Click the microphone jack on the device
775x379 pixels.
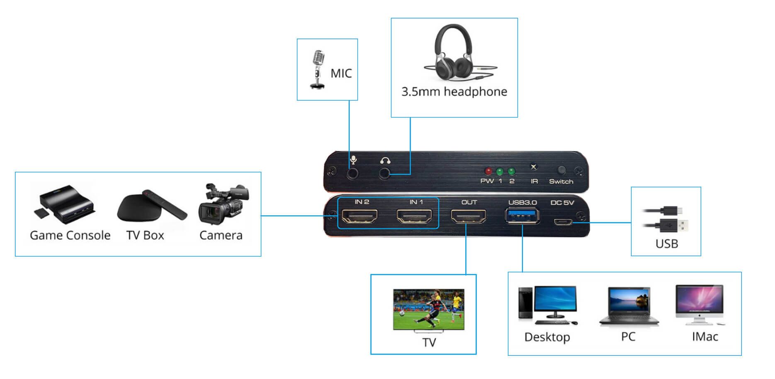click(x=352, y=173)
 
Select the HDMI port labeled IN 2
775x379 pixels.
click(x=360, y=216)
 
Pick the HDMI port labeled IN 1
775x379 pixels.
click(x=414, y=216)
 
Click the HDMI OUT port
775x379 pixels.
click(x=469, y=216)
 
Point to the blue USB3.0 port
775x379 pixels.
click(x=522, y=216)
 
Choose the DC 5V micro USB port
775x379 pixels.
click(x=563, y=222)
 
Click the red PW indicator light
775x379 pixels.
click(x=488, y=171)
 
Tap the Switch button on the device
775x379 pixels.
click(x=561, y=170)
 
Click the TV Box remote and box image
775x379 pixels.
click(x=152, y=205)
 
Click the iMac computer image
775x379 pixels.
click(x=700, y=305)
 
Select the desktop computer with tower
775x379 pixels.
click(x=547, y=305)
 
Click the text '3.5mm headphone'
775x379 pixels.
click(x=454, y=91)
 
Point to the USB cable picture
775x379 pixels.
click(x=666, y=219)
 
